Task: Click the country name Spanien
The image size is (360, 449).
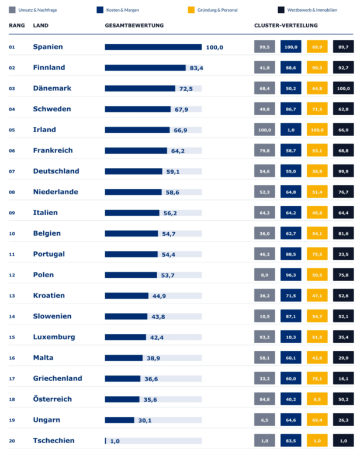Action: coord(48,47)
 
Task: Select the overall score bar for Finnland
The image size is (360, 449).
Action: coord(145,68)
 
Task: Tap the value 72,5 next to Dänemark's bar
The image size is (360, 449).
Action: coord(186,89)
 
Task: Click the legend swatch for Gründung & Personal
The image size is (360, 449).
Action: coord(191,10)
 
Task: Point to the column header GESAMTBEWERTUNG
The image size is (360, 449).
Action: coord(134,26)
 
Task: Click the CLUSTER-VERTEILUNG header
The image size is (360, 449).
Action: coord(286,26)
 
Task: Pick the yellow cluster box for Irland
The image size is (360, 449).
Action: coord(317,130)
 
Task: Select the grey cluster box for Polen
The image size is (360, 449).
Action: coord(264,275)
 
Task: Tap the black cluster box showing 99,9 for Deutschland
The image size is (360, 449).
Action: coord(344,171)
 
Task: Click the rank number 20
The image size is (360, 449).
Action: coord(12,441)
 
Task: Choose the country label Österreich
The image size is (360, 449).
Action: coord(53,399)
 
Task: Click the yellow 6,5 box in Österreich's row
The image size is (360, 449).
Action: coord(317,399)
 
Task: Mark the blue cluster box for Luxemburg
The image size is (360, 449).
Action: coord(291,337)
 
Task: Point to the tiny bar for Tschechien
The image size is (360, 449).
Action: coord(105,441)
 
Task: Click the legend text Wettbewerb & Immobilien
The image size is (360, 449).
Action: coord(312,10)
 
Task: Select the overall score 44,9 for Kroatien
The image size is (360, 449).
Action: coord(159,296)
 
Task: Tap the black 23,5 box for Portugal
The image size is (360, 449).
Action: coord(344,254)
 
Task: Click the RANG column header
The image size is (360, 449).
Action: coord(17,26)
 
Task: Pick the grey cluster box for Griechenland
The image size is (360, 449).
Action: coord(264,379)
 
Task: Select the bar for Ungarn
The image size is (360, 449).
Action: coord(119,420)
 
